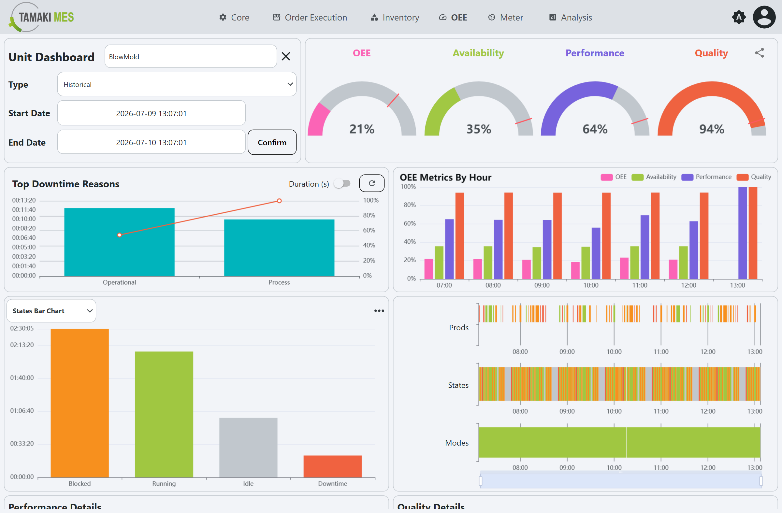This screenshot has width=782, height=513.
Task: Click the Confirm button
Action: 272,142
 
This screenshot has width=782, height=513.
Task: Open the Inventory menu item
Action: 395,17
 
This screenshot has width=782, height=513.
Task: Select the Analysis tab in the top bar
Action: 571,17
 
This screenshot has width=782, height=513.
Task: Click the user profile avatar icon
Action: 764,17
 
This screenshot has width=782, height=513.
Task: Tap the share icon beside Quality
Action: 759,53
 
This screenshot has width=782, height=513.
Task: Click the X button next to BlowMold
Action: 286,56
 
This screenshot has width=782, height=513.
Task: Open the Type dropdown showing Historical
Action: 177,84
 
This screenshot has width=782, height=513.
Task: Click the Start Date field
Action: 152,113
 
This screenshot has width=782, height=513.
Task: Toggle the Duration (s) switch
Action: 342,183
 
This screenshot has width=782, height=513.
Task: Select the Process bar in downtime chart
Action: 279,248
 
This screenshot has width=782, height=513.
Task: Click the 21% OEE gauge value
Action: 362,129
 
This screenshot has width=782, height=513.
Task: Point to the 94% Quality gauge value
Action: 712,129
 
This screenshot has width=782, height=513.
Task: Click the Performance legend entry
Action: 706,177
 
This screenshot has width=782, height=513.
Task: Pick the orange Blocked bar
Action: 80,403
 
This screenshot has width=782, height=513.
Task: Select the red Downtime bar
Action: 333,466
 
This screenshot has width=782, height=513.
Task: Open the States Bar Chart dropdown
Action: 51,311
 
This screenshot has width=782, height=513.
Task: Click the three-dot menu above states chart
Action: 379,311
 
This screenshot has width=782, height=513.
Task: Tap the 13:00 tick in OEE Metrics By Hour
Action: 738,285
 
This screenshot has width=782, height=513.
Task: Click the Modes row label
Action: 457,443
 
